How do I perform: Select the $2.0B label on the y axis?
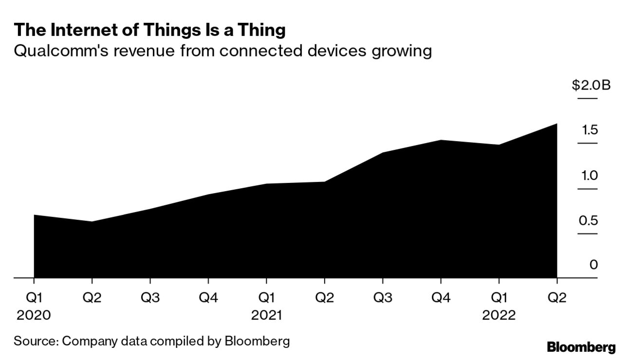tap(591, 86)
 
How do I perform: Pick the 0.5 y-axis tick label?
tap(588, 220)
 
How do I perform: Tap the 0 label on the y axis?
tap(593, 265)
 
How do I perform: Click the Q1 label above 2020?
tap(34, 298)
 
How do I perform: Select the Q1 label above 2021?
tap(266, 298)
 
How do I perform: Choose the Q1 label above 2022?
tap(499, 298)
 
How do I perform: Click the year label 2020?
tap(34, 315)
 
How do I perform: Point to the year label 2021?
tap(266, 315)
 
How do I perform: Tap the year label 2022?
tap(499, 315)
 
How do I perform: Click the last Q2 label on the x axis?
tap(557, 298)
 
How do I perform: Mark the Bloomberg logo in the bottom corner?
tap(581, 347)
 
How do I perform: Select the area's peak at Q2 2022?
tap(556, 125)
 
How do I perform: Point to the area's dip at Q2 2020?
tap(92, 222)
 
